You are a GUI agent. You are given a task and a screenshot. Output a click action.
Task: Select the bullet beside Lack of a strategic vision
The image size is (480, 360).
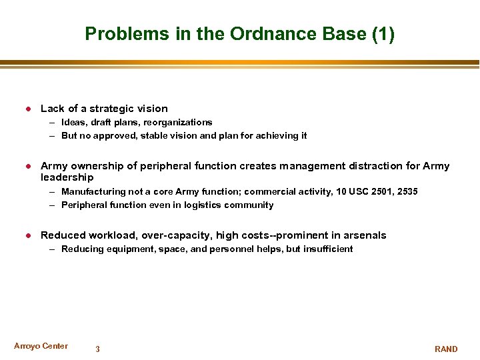(28, 109)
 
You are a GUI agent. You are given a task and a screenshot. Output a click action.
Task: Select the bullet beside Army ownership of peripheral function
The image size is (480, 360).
(28, 166)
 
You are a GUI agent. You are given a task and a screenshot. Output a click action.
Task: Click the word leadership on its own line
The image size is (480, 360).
(67, 178)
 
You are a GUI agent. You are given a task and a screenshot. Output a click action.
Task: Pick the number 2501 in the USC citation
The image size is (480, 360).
(382, 192)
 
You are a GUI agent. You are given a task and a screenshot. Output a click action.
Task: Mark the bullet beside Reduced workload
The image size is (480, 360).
(28, 235)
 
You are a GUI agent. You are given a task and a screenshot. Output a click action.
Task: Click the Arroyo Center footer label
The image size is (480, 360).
(41, 346)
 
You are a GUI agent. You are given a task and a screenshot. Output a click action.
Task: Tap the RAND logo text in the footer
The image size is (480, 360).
(446, 349)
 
